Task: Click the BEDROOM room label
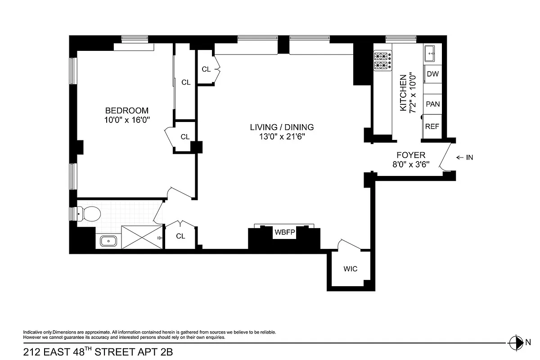pyautogui.click(x=126, y=110)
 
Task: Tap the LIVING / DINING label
pyautogui.click(x=282, y=127)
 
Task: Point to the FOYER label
pyautogui.click(x=410, y=155)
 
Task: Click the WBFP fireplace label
pyautogui.click(x=283, y=233)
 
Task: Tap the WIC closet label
pyautogui.click(x=351, y=269)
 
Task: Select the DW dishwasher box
pyautogui.click(x=432, y=74)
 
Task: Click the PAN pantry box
pyautogui.click(x=432, y=104)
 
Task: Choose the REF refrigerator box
pyautogui.click(x=432, y=126)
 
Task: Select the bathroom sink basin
pyautogui.click(x=108, y=241)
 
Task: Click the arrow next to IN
pyautogui.click(x=460, y=157)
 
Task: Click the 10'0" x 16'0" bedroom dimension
pyautogui.click(x=126, y=120)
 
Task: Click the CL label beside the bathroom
pyautogui.click(x=180, y=236)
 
